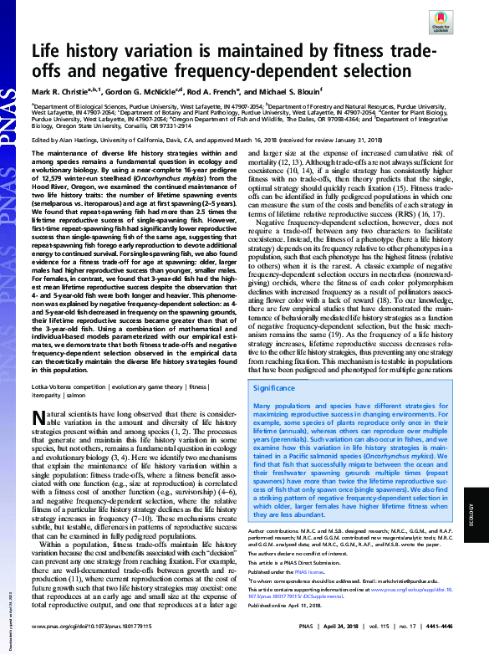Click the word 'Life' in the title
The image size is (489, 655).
pos(52,50)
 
